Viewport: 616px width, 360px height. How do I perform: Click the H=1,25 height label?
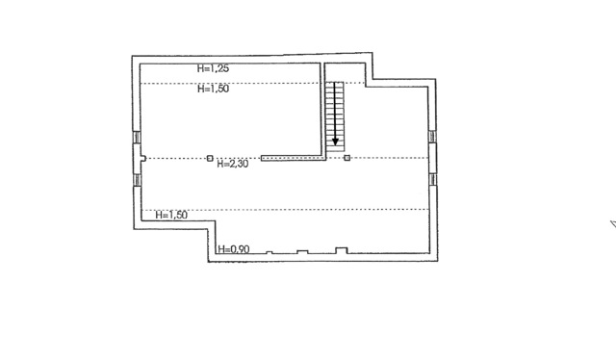(x=213, y=68)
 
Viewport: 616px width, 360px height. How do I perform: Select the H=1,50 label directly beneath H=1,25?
(x=213, y=89)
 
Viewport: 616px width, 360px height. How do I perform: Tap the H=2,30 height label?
(x=233, y=164)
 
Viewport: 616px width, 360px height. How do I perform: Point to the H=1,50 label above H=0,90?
(x=171, y=215)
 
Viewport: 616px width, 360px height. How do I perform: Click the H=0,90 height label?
(x=234, y=249)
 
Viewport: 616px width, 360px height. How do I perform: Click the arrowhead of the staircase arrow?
(x=335, y=141)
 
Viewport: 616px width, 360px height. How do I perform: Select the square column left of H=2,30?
(x=210, y=158)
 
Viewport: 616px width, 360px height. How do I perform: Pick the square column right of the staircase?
(x=346, y=158)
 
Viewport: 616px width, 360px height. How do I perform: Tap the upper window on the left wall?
(x=137, y=137)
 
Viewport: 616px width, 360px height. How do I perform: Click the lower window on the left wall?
(x=137, y=180)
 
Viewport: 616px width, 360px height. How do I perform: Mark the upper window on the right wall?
(x=432, y=137)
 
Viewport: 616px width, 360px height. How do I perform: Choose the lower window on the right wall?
(x=432, y=179)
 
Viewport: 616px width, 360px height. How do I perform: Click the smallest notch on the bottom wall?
(x=269, y=252)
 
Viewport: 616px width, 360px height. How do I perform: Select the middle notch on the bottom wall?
(x=302, y=251)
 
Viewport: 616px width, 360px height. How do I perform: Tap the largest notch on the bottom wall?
(x=341, y=250)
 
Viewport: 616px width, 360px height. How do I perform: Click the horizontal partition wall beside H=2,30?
(x=293, y=158)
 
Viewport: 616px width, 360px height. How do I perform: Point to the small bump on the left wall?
(x=143, y=159)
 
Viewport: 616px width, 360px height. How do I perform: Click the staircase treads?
(x=334, y=116)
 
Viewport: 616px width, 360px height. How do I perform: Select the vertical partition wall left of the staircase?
(x=322, y=110)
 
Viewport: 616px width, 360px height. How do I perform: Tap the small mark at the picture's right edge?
(x=613, y=224)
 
